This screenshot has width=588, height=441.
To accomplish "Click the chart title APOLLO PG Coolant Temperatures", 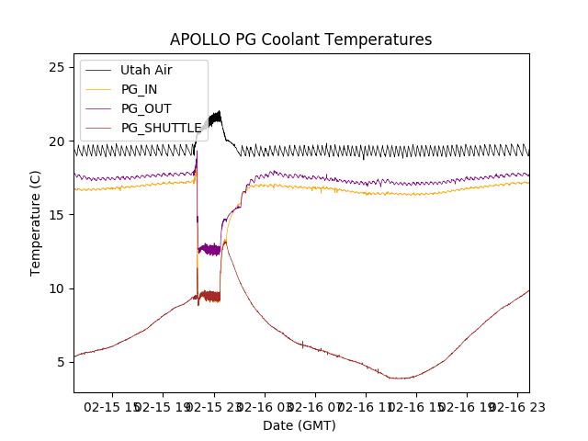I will pos(300,40).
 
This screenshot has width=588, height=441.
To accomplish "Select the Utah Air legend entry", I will pos(145,70).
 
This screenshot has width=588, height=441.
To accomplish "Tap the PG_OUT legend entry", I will pos(145,108).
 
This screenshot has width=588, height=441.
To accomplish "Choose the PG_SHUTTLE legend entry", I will pos(161,128).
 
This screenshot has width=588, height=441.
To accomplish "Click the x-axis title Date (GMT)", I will pos(300,425).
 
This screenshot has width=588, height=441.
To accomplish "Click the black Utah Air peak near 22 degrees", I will pos(219,113).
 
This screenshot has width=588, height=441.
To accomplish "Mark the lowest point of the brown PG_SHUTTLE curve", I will pos(398,378).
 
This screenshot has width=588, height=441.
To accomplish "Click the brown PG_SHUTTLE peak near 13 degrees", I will pos(226,243).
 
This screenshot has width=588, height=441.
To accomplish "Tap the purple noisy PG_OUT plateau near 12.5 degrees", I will pos(209,249).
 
